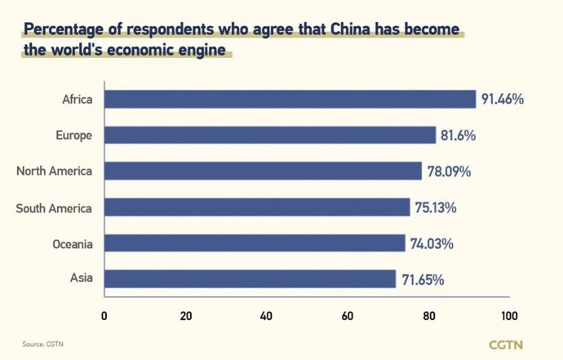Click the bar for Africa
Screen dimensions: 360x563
point(290,100)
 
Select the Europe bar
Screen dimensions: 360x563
point(270,136)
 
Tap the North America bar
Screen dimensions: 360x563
point(263,171)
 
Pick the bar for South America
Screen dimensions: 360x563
point(257,207)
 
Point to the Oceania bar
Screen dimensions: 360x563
point(255,243)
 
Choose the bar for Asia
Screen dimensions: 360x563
point(250,279)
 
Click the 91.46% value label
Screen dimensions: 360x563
point(502,100)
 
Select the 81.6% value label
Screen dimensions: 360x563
point(458,136)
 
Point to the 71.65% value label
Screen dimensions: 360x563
point(423,279)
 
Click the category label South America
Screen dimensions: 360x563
point(54,207)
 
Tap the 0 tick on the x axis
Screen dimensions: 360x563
point(104,315)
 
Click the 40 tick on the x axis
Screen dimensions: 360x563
point(267,315)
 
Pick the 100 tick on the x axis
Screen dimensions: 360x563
point(510,315)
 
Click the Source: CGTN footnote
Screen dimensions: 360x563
point(42,344)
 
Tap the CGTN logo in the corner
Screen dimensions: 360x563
point(506,344)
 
